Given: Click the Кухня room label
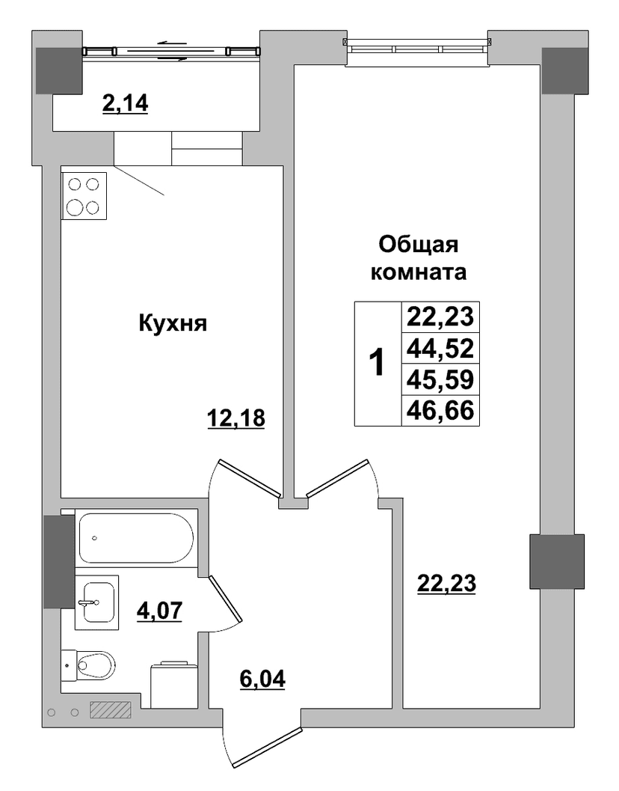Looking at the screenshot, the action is click(173, 324).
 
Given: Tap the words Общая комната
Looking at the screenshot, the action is click(419, 258).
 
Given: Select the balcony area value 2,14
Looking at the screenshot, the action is click(125, 104).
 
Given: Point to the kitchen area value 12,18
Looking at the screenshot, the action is click(236, 418).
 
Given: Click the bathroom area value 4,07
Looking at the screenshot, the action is click(159, 610).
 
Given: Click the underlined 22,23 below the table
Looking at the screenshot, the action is click(446, 584).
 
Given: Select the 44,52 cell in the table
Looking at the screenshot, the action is click(440, 348).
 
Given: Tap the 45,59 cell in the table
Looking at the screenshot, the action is click(440, 379).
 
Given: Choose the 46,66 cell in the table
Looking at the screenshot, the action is click(440, 411).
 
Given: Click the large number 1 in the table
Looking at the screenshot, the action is click(377, 363).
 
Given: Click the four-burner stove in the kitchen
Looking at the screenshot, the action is click(84, 196).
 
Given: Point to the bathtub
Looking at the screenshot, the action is click(135, 538).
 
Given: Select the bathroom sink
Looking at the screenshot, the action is click(96, 602).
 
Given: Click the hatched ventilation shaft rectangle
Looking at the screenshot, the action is click(111, 709).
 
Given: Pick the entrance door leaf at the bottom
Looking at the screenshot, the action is click(268, 745).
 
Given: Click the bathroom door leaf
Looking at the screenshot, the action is click(226, 598).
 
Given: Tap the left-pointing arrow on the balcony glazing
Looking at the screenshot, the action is click(172, 43).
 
